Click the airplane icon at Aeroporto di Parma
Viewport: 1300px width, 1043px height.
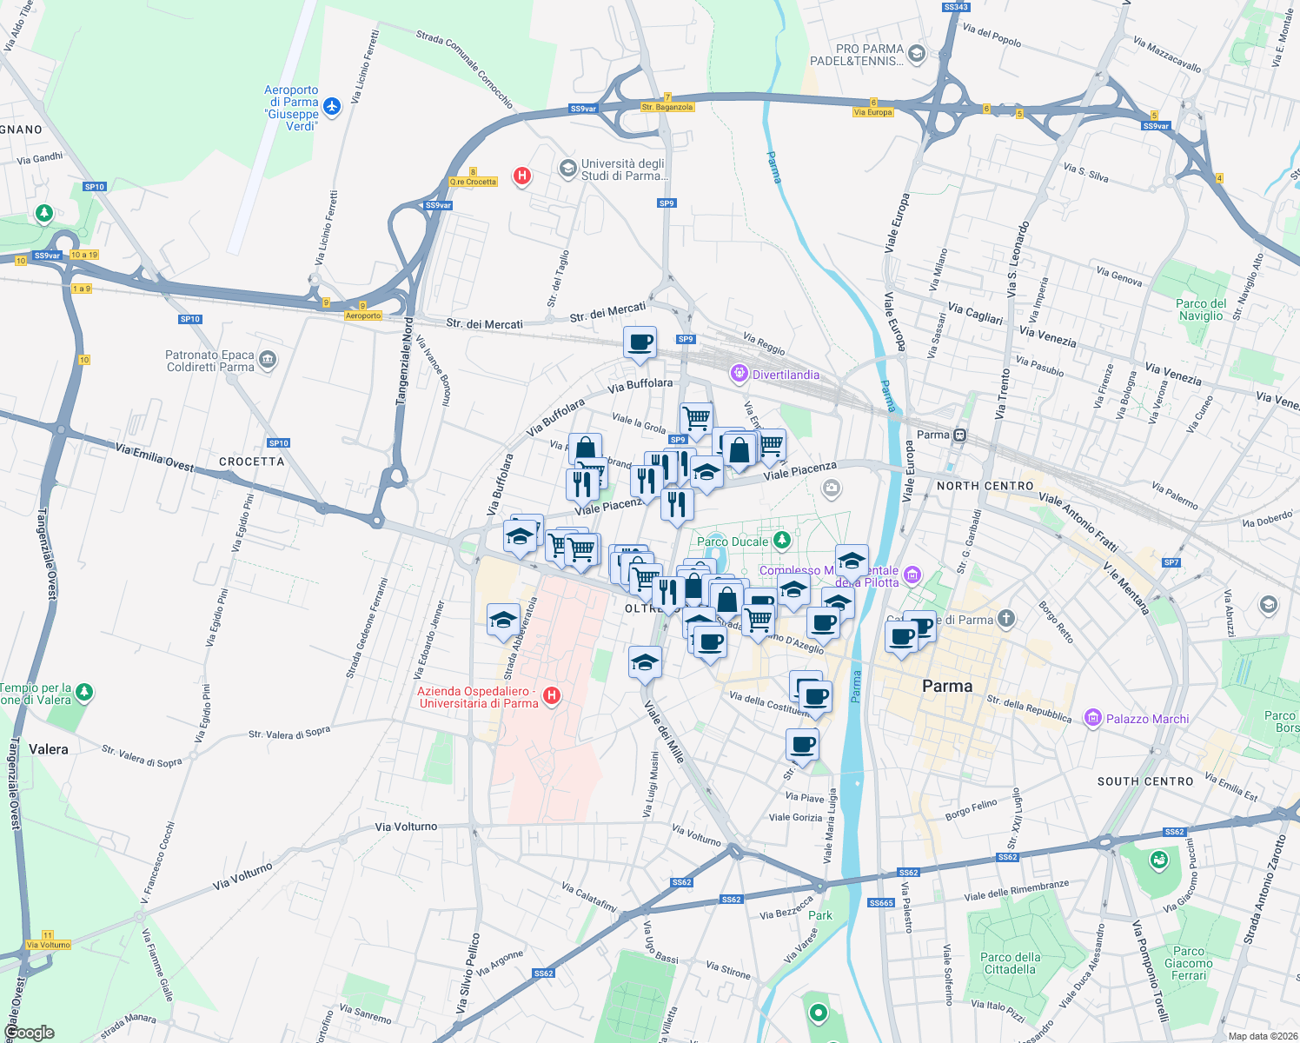332,107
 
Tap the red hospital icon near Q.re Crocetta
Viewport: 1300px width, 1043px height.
522,176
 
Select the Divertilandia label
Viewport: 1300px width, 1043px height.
786,375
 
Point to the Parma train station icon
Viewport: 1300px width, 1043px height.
959,435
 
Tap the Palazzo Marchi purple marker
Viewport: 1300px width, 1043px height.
1093,718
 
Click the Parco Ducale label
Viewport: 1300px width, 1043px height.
733,541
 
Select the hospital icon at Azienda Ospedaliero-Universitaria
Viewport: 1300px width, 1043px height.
551,695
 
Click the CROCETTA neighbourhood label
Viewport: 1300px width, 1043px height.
252,462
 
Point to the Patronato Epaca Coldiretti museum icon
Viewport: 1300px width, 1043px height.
268,360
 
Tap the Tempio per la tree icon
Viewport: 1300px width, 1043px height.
84,693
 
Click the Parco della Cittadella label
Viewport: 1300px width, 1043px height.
1010,963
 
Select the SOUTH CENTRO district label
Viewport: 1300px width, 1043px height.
1145,781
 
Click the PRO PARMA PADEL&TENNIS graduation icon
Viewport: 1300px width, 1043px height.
916,55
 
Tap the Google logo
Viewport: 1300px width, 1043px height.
30,1033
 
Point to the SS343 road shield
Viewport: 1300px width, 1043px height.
955,7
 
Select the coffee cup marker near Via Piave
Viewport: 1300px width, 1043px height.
802,745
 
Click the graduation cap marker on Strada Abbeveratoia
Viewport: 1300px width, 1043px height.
503,621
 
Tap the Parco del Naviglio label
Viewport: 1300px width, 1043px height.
1201,309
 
